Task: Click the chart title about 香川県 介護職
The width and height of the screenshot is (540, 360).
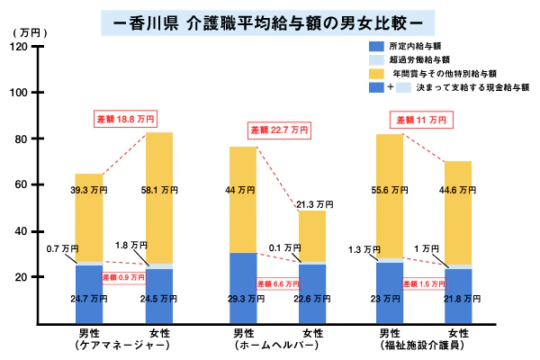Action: [x=269, y=18]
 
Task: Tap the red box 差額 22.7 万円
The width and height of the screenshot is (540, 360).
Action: [x=278, y=130]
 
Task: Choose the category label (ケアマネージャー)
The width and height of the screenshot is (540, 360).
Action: [x=125, y=344]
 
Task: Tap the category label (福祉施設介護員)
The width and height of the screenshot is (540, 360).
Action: [x=421, y=344]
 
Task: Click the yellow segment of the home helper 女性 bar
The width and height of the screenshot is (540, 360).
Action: [x=311, y=236]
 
